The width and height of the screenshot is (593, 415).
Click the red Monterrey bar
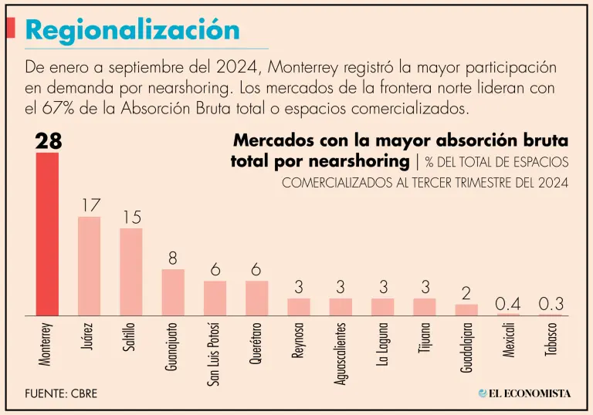click(48, 234)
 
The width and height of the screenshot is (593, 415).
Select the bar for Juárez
click(90, 266)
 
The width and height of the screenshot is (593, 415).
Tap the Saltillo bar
click(131, 272)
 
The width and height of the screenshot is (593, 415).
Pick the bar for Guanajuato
click(173, 292)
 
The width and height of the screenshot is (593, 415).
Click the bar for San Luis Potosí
click(215, 298)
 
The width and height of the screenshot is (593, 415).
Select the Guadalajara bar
click(466, 309)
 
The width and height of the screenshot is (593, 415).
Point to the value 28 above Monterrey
click(48, 141)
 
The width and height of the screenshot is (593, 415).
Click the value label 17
click(90, 206)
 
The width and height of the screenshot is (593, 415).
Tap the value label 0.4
click(508, 304)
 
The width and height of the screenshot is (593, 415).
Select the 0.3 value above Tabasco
click(551, 304)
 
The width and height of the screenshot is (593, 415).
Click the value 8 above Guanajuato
click(173, 258)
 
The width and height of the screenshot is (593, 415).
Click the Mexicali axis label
click(508, 340)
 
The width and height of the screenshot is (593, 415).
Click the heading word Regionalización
click(132, 30)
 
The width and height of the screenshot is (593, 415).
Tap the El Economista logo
click(524, 393)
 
